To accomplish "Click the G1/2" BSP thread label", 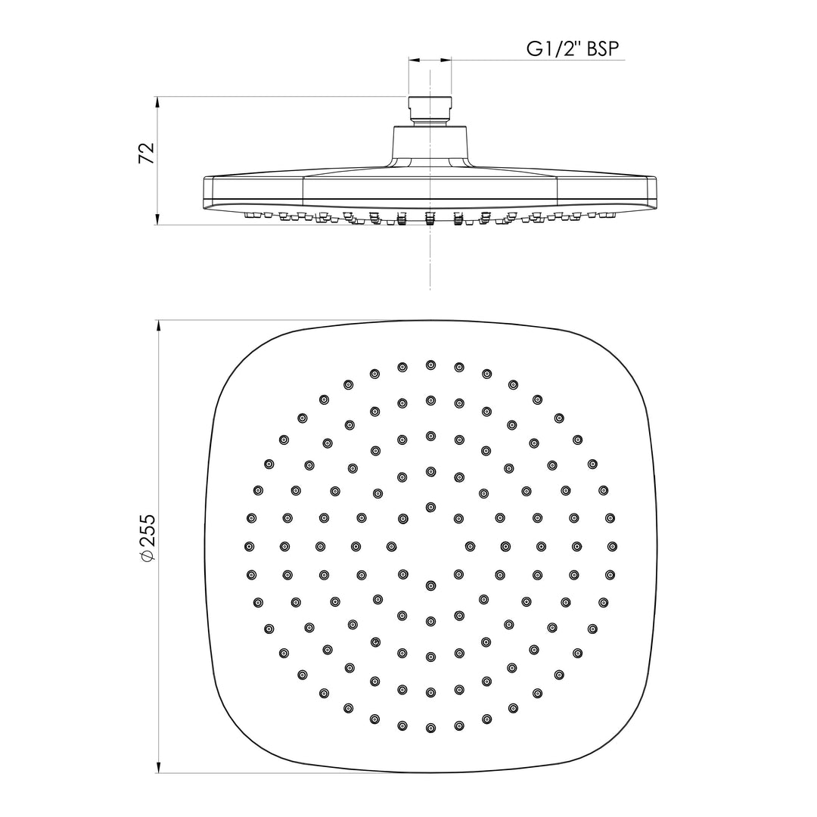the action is click(572, 48).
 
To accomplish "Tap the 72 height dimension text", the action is click(147, 153).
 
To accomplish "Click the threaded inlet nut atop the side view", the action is click(430, 110).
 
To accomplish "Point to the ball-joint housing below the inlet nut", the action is click(430, 146).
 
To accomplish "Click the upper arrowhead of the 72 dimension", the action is click(157, 103).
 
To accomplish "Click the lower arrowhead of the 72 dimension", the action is click(157, 219).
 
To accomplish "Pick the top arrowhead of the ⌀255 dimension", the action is click(157, 328).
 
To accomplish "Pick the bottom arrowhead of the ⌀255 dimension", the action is click(157, 766).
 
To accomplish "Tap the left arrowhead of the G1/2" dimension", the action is click(415, 60).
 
